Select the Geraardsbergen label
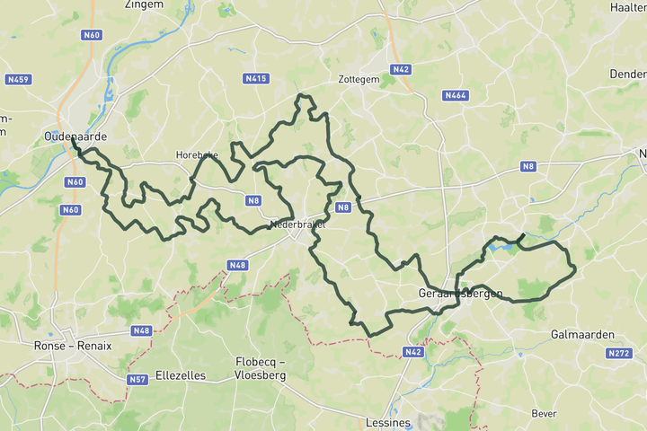(460, 294)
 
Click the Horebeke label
(197, 155)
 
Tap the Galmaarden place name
(582, 335)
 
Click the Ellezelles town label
(181, 375)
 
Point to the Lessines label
(389, 422)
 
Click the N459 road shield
(18, 79)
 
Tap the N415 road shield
(257, 79)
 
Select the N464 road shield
(455, 94)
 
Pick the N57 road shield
(137, 380)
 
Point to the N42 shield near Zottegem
(401, 69)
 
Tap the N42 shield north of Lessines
(412, 352)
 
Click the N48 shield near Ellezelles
(141, 330)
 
